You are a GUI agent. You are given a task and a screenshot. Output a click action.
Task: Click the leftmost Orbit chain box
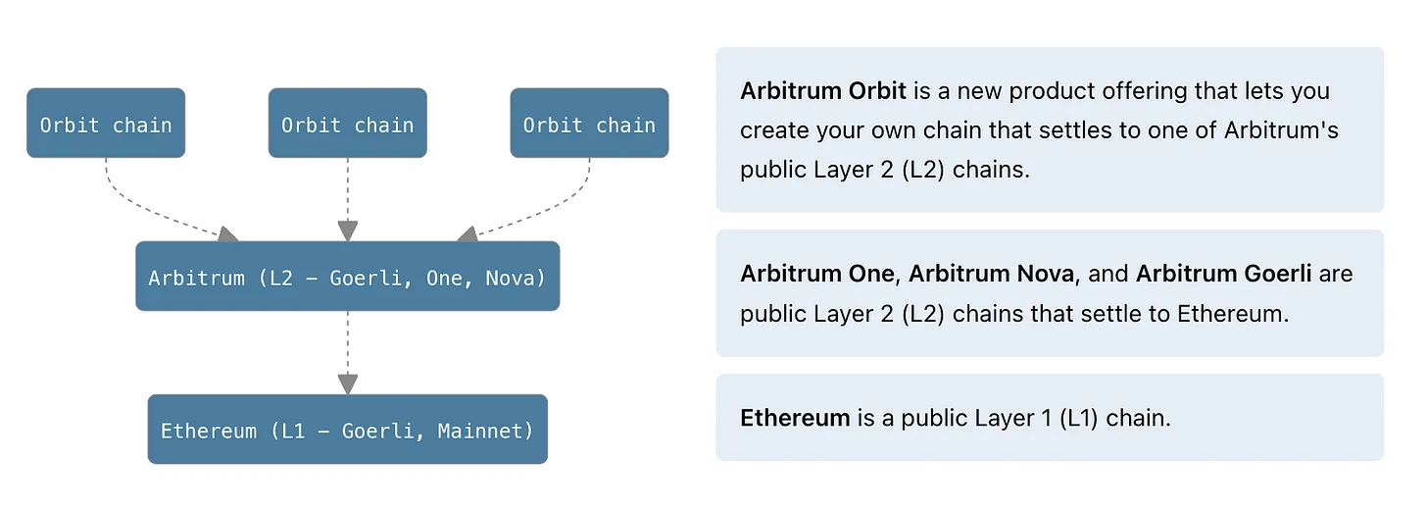pyautogui.click(x=106, y=124)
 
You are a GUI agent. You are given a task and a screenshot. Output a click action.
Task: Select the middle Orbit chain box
pyautogui.click(x=347, y=124)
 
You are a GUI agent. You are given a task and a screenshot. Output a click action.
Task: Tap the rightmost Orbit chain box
pyautogui.click(x=589, y=124)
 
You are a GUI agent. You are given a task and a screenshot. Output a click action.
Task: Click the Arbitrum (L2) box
pyautogui.click(x=347, y=277)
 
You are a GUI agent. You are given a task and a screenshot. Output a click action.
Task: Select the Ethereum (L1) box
pyautogui.click(x=347, y=430)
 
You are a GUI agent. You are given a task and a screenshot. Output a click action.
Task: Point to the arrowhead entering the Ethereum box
pyautogui.click(x=347, y=384)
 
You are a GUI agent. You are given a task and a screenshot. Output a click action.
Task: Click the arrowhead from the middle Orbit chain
pyautogui.click(x=347, y=230)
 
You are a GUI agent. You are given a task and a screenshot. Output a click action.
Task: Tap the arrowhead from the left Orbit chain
pyautogui.click(x=227, y=234)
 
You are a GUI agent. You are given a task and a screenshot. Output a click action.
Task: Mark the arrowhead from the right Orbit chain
pyautogui.click(x=467, y=234)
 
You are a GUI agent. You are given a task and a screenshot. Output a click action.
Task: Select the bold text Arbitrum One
pyautogui.click(x=817, y=274)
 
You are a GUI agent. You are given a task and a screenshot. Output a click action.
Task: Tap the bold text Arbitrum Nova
pyautogui.click(x=991, y=274)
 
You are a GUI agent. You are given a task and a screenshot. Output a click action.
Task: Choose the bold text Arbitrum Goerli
pyautogui.click(x=1223, y=274)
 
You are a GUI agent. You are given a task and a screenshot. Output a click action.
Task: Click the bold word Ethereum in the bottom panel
pyautogui.click(x=795, y=418)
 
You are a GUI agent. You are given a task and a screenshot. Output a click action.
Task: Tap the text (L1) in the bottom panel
pyautogui.click(x=1079, y=418)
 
